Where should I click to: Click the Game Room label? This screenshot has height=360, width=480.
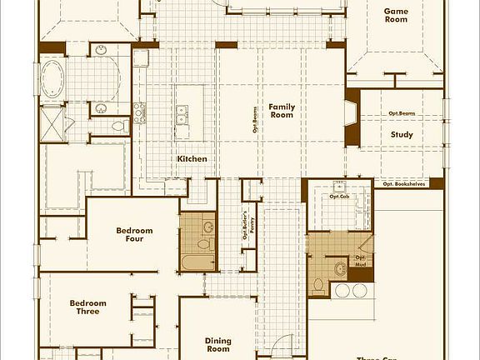pyautogui.click(x=395, y=15)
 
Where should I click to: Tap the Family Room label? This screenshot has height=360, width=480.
pyautogui.click(x=282, y=111)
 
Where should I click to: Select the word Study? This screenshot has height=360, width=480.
pyautogui.click(x=402, y=134)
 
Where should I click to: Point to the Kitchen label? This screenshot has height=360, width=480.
pyautogui.click(x=192, y=158)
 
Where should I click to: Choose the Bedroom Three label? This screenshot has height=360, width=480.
pyautogui.click(x=84, y=307)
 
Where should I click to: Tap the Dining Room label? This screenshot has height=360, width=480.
pyautogui.click(x=217, y=344)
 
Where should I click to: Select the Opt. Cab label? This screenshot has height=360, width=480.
pyautogui.click(x=338, y=197)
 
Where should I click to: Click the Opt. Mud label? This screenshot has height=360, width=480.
pyautogui.click(x=361, y=260)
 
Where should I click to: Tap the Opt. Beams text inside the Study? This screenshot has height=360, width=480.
pyautogui.click(x=402, y=114)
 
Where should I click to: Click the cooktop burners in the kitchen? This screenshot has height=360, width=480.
pyautogui.click(x=140, y=111)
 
